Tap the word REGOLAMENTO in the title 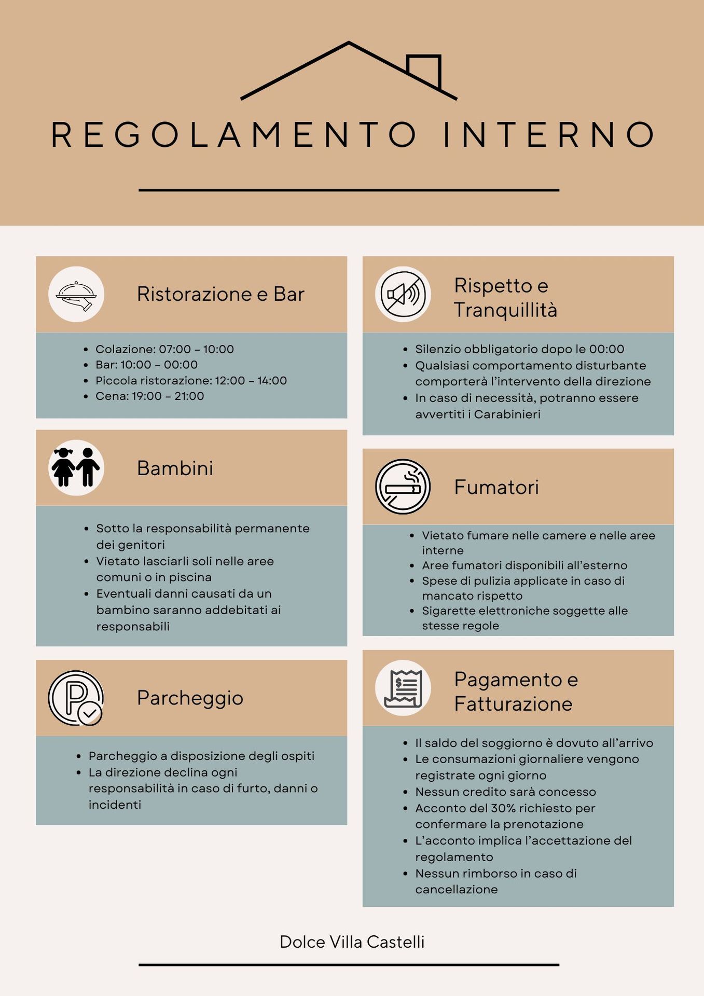click(x=233, y=135)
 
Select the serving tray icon click(x=76, y=295)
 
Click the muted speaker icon click(x=403, y=295)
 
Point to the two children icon click(x=76, y=467)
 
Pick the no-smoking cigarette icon click(x=403, y=487)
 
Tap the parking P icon click(x=75, y=698)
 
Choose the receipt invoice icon click(x=403, y=688)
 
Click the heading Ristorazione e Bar click(x=220, y=294)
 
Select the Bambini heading click(x=175, y=468)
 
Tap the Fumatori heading click(x=496, y=487)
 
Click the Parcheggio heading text click(x=190, y=698)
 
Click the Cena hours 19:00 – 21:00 click(x=168, y=396)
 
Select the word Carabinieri click(x=507, y=414)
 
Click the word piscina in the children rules click(x=190, y=577)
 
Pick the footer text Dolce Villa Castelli click(x=352, y=942)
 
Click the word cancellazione click(x=456, y=890)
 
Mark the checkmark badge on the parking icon click(x=90, y=713)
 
